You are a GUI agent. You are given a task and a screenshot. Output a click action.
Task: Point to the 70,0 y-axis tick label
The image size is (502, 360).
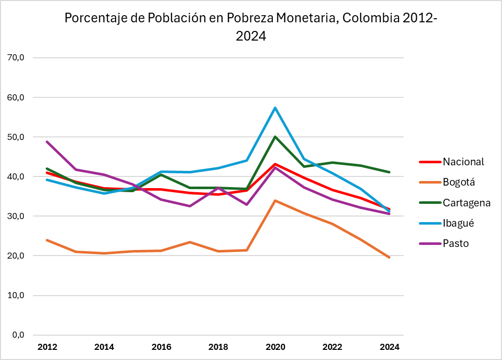pyautogui.click(x=14, y=58)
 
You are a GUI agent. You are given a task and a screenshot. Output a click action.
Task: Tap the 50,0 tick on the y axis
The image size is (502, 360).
pyautogui.click(x=14, y=137)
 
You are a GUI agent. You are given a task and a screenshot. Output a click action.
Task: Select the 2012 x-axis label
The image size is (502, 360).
pyautogui.click(x=47, y=347)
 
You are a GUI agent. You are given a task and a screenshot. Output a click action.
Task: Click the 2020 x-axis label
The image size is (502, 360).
pyautogui.click(x=275, y=347)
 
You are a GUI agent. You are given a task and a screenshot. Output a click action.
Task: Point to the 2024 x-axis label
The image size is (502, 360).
pyautogui.click(x=389, y=347)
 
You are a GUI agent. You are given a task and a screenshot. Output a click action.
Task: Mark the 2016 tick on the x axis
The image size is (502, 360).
pyautogui.click(x=161, y=347)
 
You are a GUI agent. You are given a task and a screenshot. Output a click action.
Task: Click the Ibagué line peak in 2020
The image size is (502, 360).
pyautogui.click(x=275, y=107)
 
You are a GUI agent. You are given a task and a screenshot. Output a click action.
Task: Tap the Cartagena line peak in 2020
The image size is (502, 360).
pyautogui.click(x=275, y=136)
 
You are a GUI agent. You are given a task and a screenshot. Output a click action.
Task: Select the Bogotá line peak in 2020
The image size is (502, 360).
pyautogui.click(x=275, y=200)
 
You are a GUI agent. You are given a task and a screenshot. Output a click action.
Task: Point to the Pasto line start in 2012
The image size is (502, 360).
pyautogui.click(x=47, y=141)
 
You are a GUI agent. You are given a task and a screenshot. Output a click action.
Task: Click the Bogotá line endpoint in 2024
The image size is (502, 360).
pyautogui.click(x=389, y=258)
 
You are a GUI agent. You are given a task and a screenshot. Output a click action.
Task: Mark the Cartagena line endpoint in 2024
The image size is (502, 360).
pyautogui.click(x=389, y=172)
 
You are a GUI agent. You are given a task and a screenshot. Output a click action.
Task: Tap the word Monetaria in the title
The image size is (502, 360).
pyautogui.click(x=304, y=18)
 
